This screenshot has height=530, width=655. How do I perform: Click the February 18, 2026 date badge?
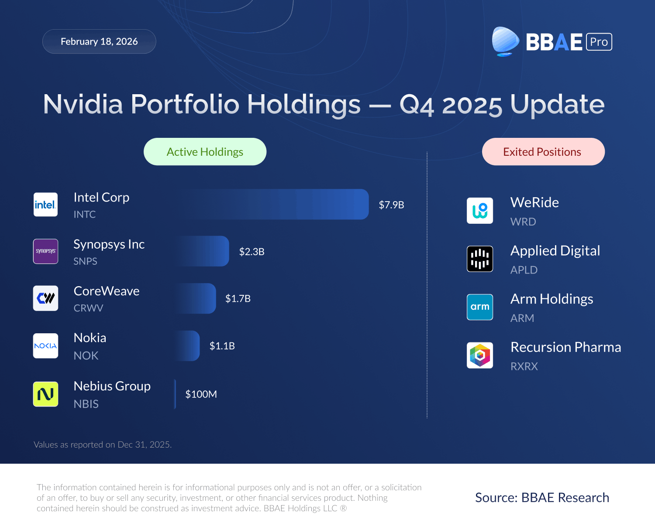pyautogui.click(x=99, y=41)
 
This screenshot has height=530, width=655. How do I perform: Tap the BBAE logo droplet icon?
pyautogui.click(x=505, y=41)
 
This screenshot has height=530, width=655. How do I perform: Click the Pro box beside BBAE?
pyautogui.click(x=599, y=42)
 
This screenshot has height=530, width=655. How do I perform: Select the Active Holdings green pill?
pyautogui.click(x=205, y=152)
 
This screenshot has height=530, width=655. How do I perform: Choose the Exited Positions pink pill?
pyautogui.click(x=543, y=152)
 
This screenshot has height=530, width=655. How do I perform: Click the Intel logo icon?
pyautogui.click(x=45, y=205)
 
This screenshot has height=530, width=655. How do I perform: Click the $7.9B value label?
pyautogui.click(x=391, y=205)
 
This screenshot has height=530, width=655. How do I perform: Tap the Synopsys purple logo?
pyautogui.click(x=45, y=251)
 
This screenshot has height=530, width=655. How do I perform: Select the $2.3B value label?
pyautogui.click(x=252, y=252)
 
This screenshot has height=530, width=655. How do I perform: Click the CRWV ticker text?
pyautogui.click(x=88, y=308)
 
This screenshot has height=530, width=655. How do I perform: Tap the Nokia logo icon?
pyautogui.click(x=45, y=346)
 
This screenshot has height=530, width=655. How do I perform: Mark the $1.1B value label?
pyautogui.click(x=222, y=346)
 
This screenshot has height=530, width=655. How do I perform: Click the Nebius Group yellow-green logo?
pyautogui.click(x=45, y=394)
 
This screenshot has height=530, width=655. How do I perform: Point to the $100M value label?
pyautogui.click(x=201, y=394)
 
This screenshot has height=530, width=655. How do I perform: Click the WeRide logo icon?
pyautogui.click(x=479, y=211)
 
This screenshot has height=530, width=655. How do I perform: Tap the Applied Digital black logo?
pyautogui.click(x=479, y=259)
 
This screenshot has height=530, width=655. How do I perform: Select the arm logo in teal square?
pyautogui.click(x=479, y=307)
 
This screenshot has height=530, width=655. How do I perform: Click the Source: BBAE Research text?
pyautogui.click(x=542, y=498)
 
